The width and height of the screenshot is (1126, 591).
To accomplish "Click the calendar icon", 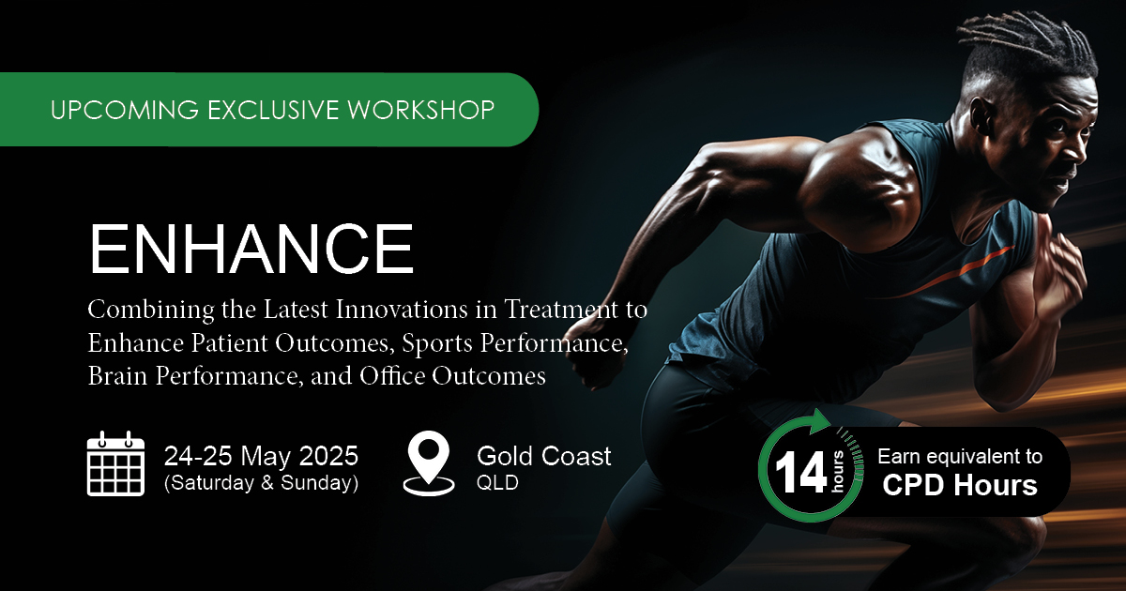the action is tap(115, 463).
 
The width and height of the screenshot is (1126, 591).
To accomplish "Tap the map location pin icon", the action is tap(429, 464).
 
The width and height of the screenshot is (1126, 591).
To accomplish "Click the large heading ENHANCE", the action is tap(251, 249).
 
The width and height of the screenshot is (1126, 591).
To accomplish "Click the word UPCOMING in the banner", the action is tap(125, 110).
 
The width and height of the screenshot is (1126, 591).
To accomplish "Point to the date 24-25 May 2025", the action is tap(261, 456).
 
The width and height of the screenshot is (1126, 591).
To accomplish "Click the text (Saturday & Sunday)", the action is tap(262, 482).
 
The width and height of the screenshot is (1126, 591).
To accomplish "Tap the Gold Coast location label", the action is tap(544, 456).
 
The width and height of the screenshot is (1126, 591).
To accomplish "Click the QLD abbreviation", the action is tap(497, 483).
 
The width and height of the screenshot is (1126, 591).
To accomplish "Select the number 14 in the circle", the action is tap(801, 473).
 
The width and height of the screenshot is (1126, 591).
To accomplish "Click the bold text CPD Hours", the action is tap(960, 485).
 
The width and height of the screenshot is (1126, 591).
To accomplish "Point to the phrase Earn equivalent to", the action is tap(960, 456).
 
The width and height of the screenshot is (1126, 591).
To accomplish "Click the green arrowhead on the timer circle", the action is tap(819, 421).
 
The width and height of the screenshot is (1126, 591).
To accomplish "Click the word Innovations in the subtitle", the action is tap(402, 309).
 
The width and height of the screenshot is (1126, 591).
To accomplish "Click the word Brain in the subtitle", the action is tap(117, 375).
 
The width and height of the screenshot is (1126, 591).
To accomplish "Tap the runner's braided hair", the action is tap(1026, 48).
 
